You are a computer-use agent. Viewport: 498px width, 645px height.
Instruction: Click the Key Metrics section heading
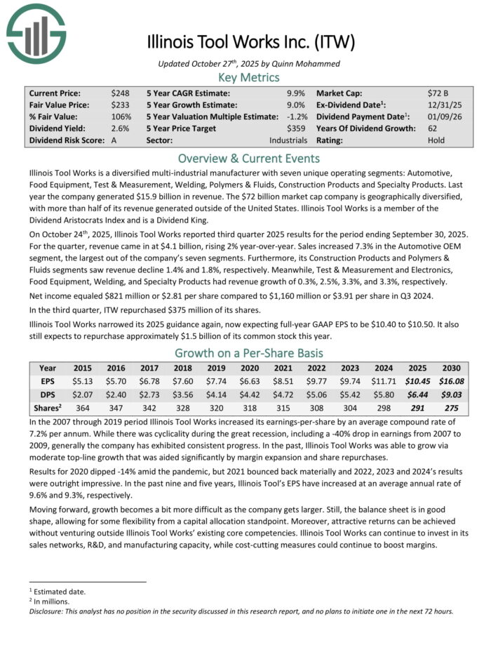[249, 78]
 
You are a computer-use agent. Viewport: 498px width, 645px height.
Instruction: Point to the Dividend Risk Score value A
[114, 140]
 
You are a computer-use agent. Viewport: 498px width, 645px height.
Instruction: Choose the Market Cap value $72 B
[438, 93]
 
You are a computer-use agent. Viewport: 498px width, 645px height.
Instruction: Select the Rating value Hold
[436, 140]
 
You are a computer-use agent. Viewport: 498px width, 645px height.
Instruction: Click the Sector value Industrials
[288, 140]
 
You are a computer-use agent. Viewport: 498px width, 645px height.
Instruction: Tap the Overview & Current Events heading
[249, 158]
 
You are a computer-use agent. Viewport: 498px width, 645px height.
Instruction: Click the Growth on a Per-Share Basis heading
[249, 353]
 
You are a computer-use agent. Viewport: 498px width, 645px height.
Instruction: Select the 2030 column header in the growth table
[451, 368]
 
